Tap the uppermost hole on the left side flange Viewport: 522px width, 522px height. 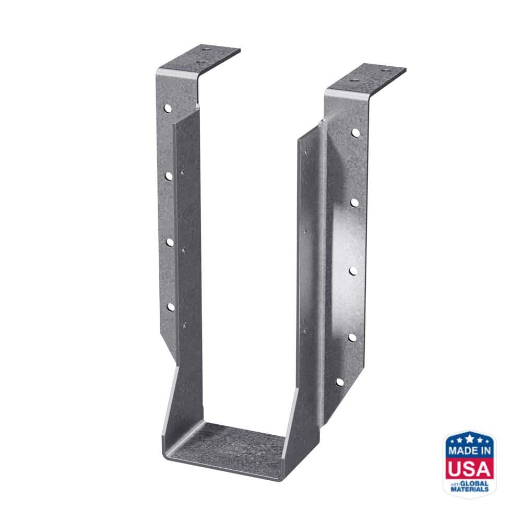168,109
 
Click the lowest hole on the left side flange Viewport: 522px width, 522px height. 170,306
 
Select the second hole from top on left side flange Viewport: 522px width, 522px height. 169,176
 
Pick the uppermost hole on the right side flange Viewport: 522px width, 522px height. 355,133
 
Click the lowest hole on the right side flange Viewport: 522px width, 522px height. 340,382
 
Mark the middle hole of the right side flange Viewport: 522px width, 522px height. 353,270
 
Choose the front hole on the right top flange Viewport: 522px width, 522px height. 353,81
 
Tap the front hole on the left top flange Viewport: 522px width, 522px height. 199,63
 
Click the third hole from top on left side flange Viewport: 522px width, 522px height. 170,242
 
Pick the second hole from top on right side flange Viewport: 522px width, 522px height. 354,201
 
